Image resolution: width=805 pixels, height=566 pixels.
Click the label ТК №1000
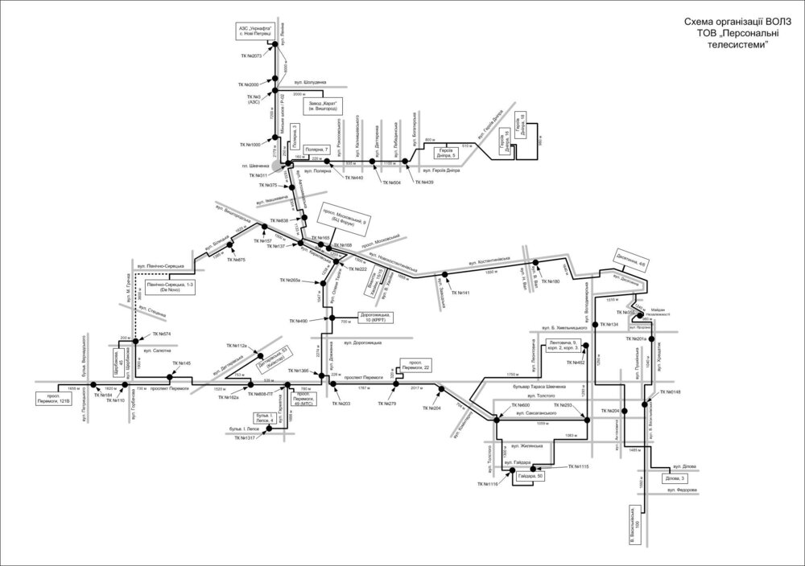[250, 145]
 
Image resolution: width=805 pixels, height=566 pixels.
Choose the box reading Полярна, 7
[315, 150]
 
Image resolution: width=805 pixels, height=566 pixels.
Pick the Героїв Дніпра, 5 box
[448, 153]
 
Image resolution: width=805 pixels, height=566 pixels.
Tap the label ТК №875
[236, 260]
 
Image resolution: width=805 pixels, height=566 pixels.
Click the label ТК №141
[460, 293]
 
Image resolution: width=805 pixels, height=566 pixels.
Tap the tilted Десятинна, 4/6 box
[629, 261]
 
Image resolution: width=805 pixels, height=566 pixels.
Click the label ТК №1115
[579, 466]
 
